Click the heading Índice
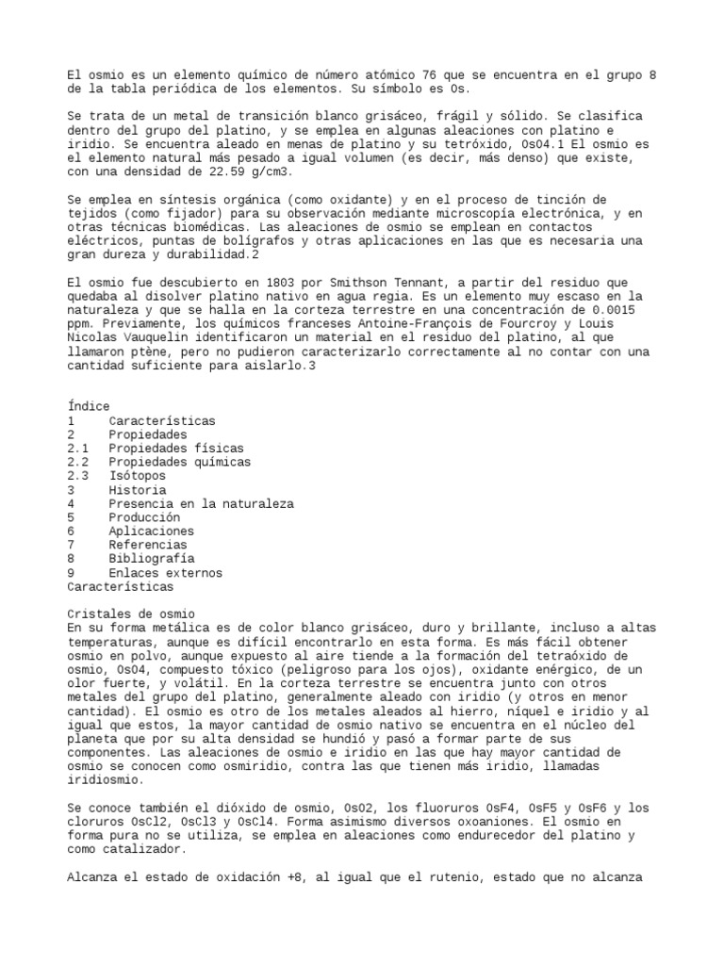click(89, 406)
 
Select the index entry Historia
click(138, 490)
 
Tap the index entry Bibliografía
click(155, 559)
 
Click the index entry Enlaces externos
click(165, 573)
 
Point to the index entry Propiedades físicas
click(175, 449)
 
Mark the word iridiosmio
click(107, 780)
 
